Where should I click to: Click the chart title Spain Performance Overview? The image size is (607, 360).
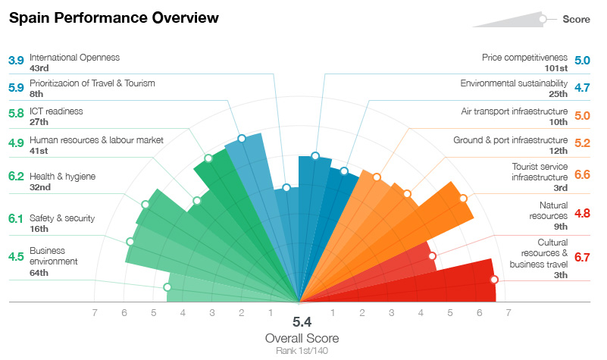(114, 17)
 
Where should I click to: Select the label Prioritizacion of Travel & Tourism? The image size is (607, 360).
(92, 83)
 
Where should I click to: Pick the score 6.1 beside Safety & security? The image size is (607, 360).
(16, 219)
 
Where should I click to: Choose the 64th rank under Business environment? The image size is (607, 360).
(39, 272)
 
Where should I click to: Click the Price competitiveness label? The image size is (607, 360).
(524, 57)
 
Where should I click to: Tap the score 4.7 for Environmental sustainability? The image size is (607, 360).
(582, 88)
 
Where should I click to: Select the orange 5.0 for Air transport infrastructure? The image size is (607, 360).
(582, 116)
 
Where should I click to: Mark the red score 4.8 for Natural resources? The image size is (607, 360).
(582, 214)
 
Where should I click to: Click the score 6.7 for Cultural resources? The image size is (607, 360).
(582, 258)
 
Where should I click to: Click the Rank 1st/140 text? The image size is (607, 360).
(302, 350)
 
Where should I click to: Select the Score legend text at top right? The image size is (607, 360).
(576, 20)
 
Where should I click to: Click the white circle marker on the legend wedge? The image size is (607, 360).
(543, 20)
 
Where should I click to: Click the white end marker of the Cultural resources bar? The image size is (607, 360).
(494, 280)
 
